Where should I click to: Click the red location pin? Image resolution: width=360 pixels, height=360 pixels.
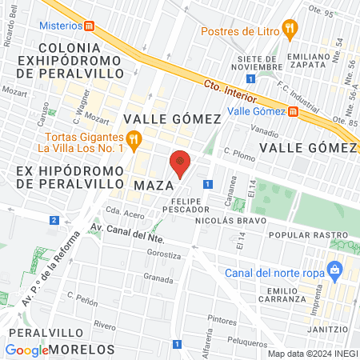(x=181, y=162)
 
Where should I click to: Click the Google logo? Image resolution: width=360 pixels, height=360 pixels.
(x=26, y=350)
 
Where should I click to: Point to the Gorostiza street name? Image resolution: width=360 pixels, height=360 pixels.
(x=164, y=254)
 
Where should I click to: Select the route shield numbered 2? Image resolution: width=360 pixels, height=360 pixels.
(x=54, y=219)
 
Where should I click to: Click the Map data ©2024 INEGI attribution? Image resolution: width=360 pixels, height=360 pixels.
(x=311, y=354)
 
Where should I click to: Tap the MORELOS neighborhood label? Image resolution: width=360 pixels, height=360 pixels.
(x=82, y=350)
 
